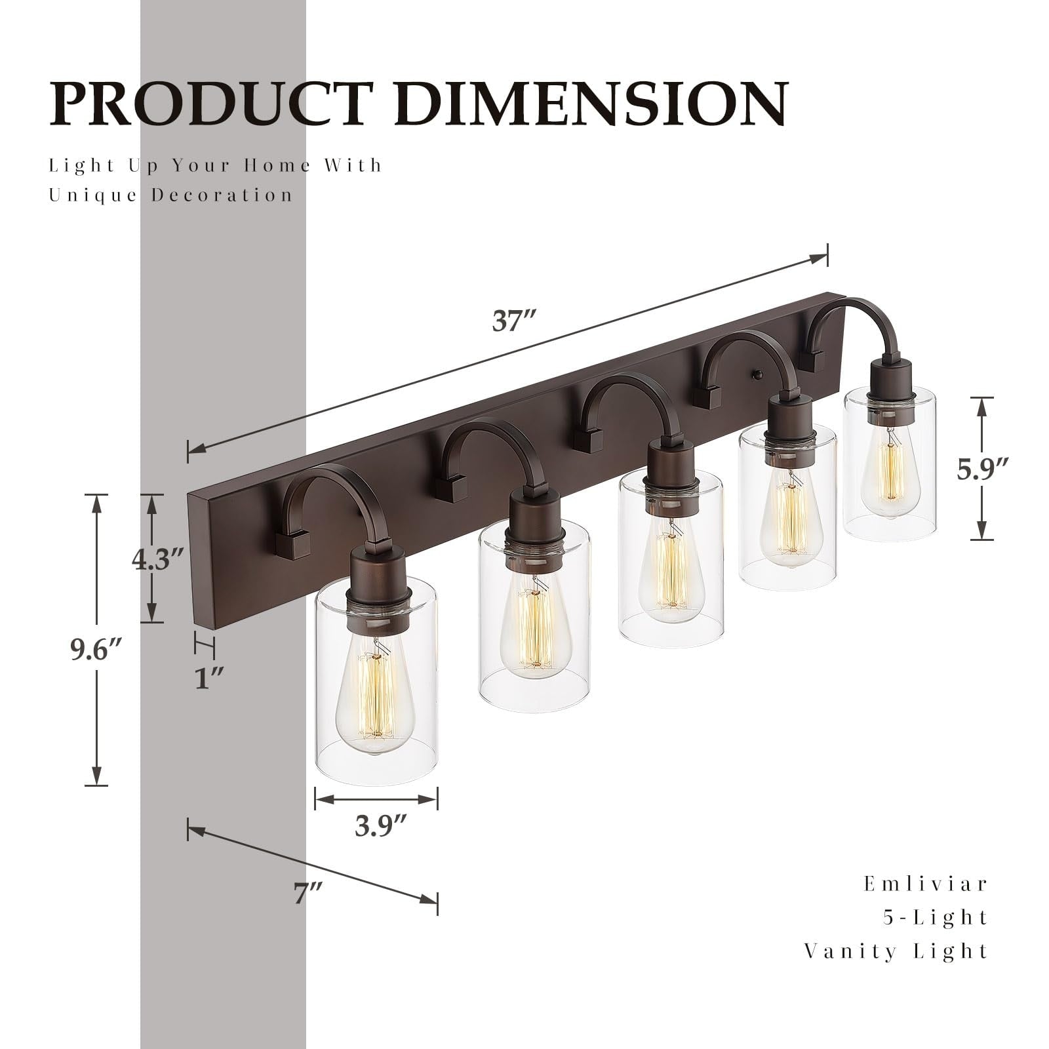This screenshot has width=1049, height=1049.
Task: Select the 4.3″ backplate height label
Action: click(156, 558)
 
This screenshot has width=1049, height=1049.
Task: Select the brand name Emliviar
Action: click(925, 884)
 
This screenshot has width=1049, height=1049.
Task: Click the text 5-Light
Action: click(934, 917)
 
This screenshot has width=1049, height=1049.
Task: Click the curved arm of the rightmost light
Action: click(846, 315)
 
